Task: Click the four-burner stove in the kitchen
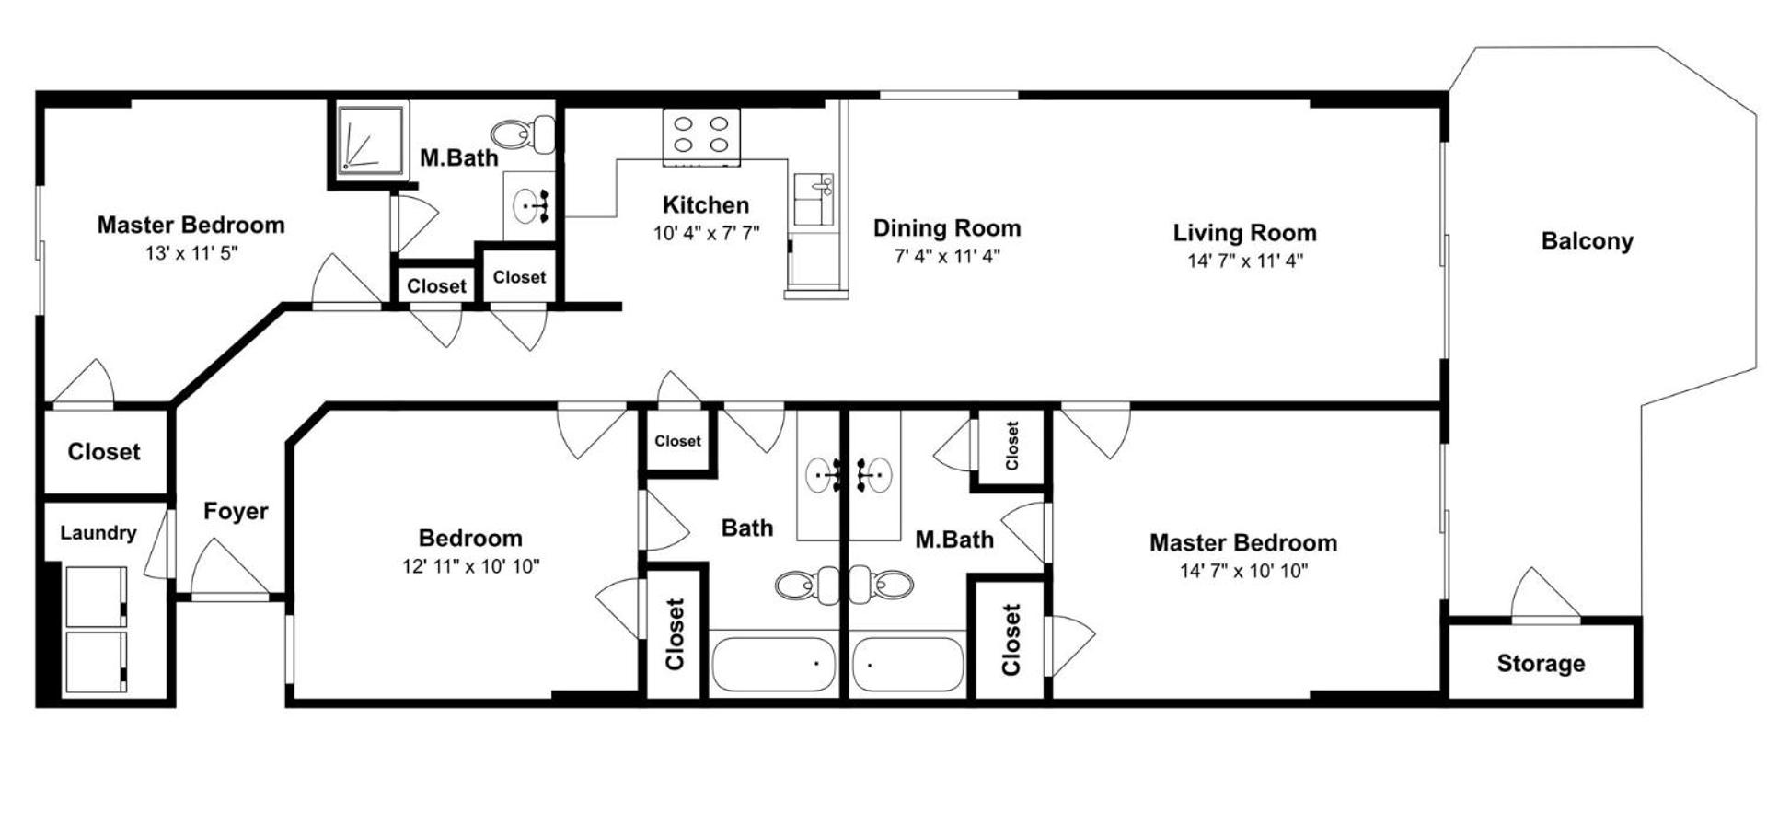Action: point(701,136)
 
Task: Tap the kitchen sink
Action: point(814,200)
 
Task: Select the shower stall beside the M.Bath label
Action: point(370,138)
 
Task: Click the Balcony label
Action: point(1587,241)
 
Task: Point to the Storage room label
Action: point(1541,664)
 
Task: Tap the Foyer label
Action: point(236,511)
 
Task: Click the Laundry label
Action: point(98,533)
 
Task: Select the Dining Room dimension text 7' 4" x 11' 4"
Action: point(947,256)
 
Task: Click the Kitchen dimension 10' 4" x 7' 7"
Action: point(706,233)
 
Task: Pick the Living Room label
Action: point(1244,233)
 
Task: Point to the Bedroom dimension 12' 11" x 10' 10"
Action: point(470,566)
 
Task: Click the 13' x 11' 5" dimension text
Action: point(191,253)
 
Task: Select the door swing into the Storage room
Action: point(1545,595)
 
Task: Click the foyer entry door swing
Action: point(230,568)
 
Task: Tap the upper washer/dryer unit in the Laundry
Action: point(96,597)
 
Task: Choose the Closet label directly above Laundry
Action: point(104,452)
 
